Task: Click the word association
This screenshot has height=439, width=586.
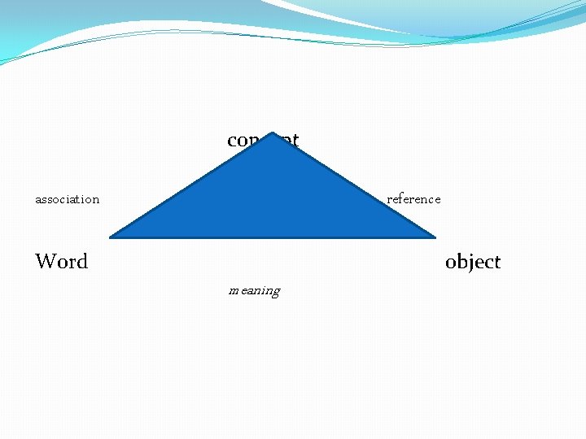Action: [x=67, y=199]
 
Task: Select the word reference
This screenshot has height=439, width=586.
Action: [x=413, y=199]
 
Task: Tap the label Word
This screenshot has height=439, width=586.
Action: [x=61, y=262]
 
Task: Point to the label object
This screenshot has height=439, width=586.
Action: [x=473, y=262]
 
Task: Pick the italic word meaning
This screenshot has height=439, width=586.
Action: [x=254, y=290]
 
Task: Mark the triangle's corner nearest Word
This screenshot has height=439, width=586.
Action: [x=112, y=237]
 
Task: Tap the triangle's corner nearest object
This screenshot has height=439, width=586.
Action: [x=435, y=237]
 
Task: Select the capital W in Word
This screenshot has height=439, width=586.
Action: [x=46, y=262]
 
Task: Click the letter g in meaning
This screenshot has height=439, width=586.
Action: [x=276, y=292]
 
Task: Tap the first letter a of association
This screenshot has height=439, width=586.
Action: [x=38, y=200]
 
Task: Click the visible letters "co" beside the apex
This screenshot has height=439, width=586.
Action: [x=238, y=141]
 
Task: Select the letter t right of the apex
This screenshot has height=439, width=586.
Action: [x=295, y=141]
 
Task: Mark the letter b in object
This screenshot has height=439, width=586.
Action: [x=461, y=262]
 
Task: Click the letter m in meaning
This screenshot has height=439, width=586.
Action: [x=234, y=290]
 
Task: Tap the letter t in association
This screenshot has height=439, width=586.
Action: [x=80, y=199]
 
